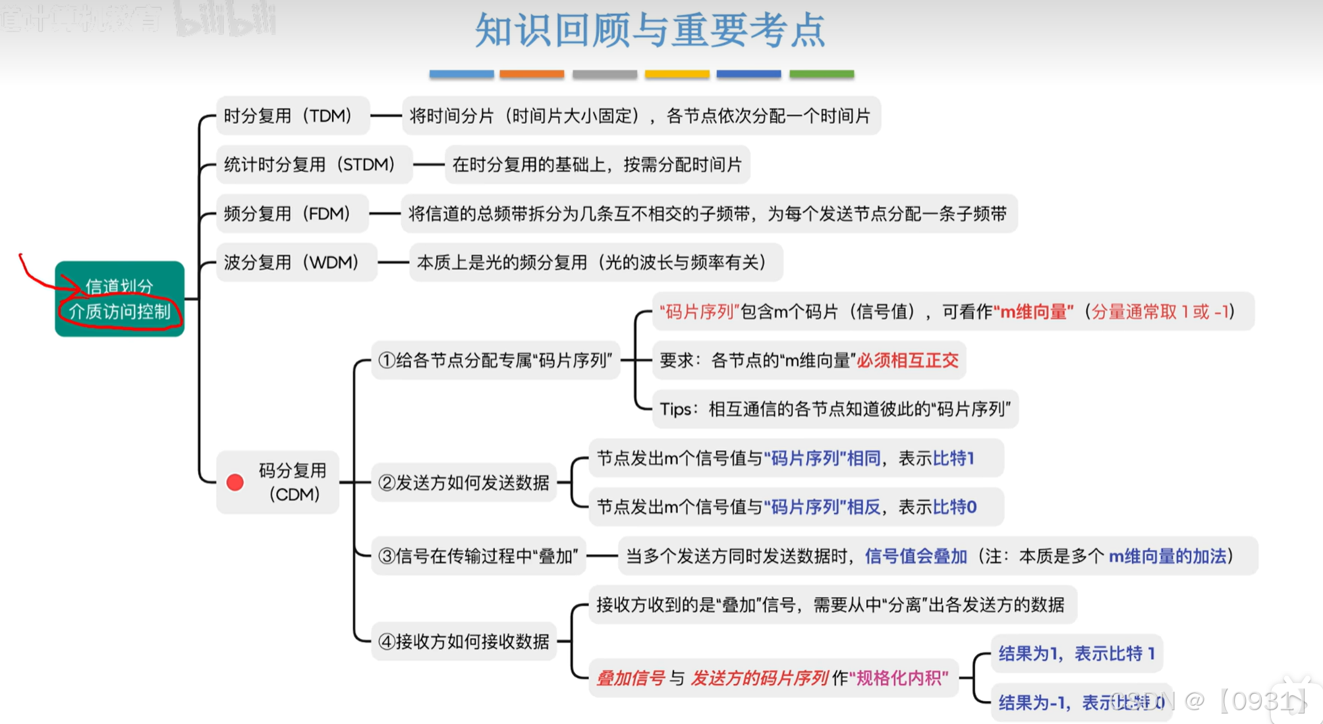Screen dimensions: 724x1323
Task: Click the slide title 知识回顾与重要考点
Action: pyautogui.click(x=650, y=31)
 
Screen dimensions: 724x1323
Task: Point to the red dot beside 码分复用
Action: pyautogui.click(x=235, y=482)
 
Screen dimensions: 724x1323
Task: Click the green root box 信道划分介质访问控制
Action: pyautogui.click(x=119, y=298)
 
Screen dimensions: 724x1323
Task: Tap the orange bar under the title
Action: pyautogui.click(x=532, y=74)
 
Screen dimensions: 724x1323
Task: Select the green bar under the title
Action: pyautogui.click(x=822, y=74)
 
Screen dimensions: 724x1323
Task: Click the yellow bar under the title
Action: pyautogui.click(x=677, y=74)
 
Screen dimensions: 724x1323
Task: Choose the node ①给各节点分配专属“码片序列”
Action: pyautogui.click(x=495, y=360)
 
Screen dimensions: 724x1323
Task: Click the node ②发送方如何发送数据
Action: pyautogui.click(x=464, y=483)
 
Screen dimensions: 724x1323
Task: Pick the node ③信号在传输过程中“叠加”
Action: pyautogui.click(x=478, y=556)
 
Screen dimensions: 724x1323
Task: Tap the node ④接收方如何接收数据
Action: pyautogui.click(x=464, y=641)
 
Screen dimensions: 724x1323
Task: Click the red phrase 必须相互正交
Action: pyautogui.click(x=907, y=360)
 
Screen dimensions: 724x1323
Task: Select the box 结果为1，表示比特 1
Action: pyautogui.click(x=1077, y=654)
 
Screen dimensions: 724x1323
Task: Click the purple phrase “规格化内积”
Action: pyautogui.click(x=898, y=678)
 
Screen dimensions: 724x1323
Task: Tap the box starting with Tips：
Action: pyautogui.click(x=835, y=409)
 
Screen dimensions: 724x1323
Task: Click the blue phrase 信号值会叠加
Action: pyautogui.click(x=915, y=556)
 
